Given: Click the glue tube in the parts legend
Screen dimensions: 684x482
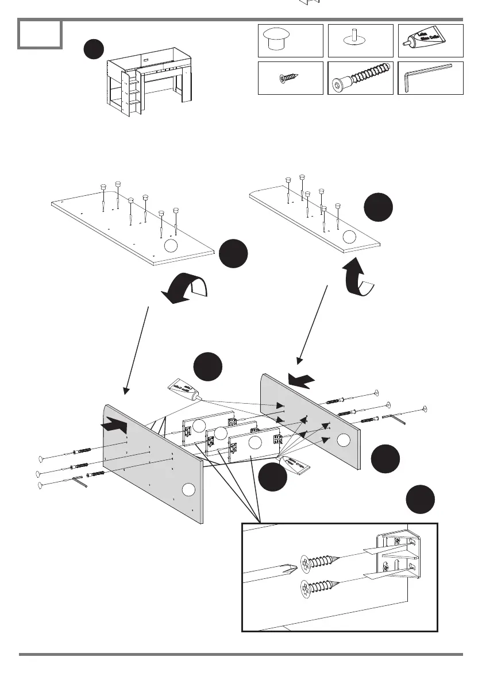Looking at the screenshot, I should pyautogui.click(x=430, y=40).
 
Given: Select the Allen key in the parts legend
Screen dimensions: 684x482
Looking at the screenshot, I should pyautogui.click(x=430, y=78).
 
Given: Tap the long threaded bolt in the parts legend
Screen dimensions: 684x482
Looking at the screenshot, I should pyautogui.click(x=360, y=79).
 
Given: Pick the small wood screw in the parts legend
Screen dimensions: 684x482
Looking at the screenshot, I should pyautogui.click(x=290, y=78).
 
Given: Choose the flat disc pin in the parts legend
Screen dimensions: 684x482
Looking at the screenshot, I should pyautogui.click(x=360, y=40).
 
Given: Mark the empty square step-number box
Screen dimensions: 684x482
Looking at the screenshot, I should pyautogui.click(x=40, y=34).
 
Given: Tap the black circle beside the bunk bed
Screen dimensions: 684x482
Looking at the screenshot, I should pyautogui.click(x=94, y=50).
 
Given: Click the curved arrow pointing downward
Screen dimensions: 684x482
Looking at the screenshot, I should pyautogui.click(x=185, y=287).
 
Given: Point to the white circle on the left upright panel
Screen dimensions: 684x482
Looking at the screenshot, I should pyautogui.click(x=187, y=489).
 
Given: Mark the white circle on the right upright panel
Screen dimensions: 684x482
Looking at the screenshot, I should pyautogui.click(x=343, y=440).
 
